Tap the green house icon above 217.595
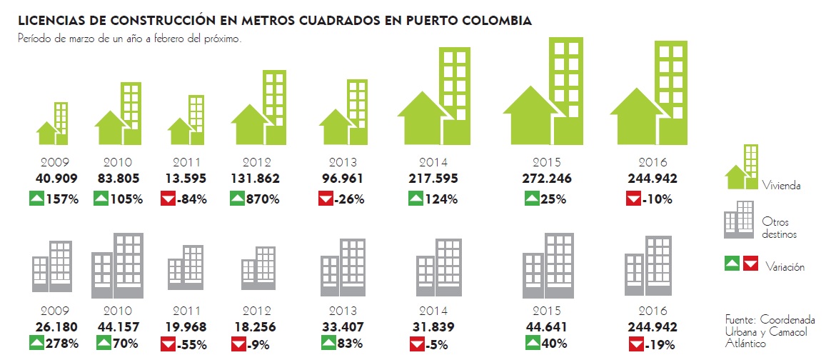435,96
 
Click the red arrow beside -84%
168,199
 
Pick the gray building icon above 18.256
258,269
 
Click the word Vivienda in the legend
781,186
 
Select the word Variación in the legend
785,267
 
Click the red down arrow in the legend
750,264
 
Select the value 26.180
56,327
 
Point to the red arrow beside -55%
168,344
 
